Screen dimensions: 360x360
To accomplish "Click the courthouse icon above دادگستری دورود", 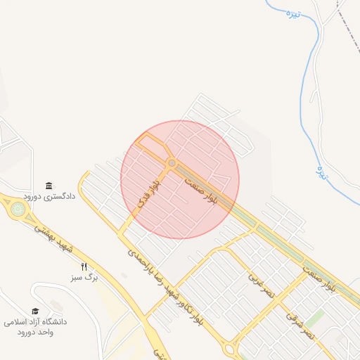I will click(49, 186).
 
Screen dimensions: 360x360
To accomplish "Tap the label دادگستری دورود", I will click(49, 197).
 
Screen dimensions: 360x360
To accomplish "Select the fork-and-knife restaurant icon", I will click(84, 266).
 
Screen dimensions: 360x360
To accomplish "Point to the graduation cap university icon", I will click(35, 311).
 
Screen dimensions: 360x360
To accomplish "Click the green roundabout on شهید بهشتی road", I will click(17, 208).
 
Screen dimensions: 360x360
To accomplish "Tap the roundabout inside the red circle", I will click(172, 163).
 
